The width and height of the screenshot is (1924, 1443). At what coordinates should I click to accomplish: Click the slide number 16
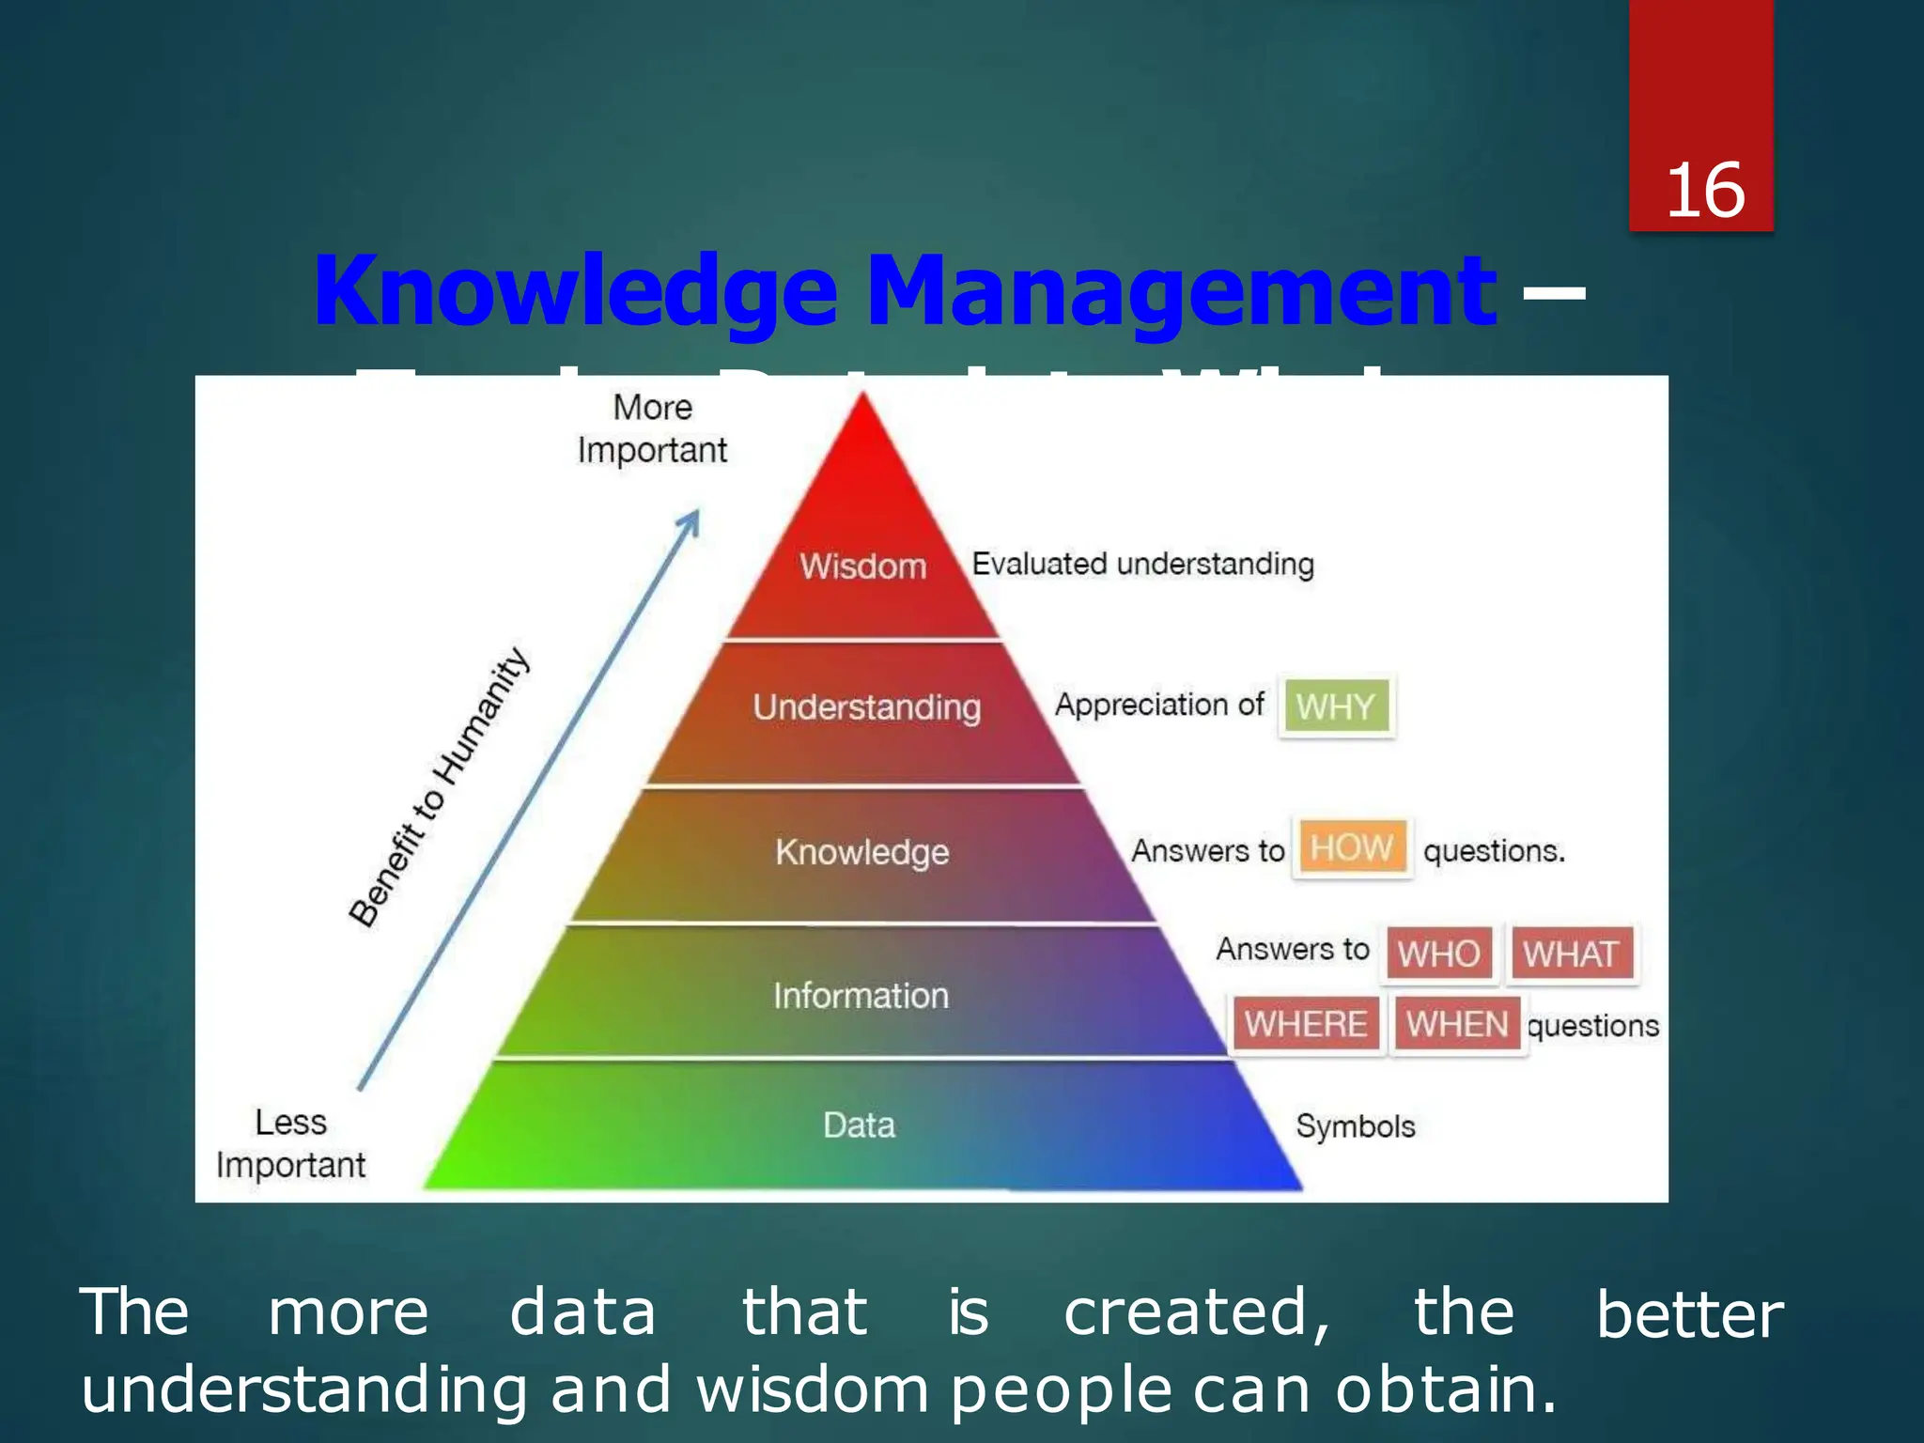coord(1704,191)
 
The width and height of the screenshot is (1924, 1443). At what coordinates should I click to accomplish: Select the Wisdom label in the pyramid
coord(862,566)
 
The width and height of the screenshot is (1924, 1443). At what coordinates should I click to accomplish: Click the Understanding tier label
coord(866,707)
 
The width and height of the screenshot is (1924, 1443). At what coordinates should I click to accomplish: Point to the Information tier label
coord(861,996)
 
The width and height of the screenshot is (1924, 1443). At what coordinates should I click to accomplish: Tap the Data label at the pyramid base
coord(859,1125)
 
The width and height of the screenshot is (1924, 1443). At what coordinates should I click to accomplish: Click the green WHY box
coord(1335,706)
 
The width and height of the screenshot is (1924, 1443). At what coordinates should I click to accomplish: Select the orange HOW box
coord(1351,848)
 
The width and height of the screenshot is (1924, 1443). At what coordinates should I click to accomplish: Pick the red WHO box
coord(1438,954)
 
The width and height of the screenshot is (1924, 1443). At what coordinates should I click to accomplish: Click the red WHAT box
coord(1571,954)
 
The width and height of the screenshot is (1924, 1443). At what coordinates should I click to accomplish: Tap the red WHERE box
coord(1306,1024)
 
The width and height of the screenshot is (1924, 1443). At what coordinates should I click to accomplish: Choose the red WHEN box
coord(1456,1024)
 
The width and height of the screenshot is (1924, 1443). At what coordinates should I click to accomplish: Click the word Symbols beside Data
coord(1355,1126)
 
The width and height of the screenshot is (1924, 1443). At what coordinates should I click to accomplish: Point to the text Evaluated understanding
coord(1142,565)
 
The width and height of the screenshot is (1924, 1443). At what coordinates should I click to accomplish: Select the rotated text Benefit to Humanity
coord(440,787)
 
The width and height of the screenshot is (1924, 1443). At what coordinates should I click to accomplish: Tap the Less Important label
coord(290,1143)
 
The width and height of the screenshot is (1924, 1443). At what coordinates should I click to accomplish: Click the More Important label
coord(652,429)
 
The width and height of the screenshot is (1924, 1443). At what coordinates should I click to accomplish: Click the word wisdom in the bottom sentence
coord(812,1389)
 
